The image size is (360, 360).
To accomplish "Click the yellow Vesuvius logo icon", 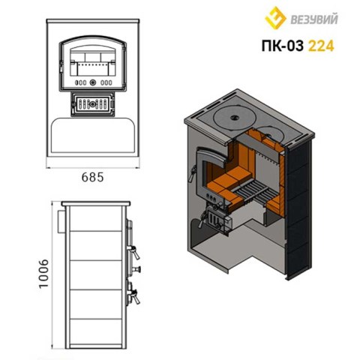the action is (275, 18).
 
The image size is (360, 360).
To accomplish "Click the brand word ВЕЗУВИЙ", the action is (314, 19).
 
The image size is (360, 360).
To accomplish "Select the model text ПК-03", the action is (283, 46).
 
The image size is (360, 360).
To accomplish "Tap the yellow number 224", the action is (321, 46).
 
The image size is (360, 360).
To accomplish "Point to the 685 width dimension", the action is (92, 177).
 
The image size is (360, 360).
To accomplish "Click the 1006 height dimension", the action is (43, 274).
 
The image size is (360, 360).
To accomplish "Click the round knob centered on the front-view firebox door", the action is (93, 82).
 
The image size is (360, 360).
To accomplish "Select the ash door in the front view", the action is (93, 104).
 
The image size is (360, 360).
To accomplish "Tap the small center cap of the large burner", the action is (235, 117).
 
